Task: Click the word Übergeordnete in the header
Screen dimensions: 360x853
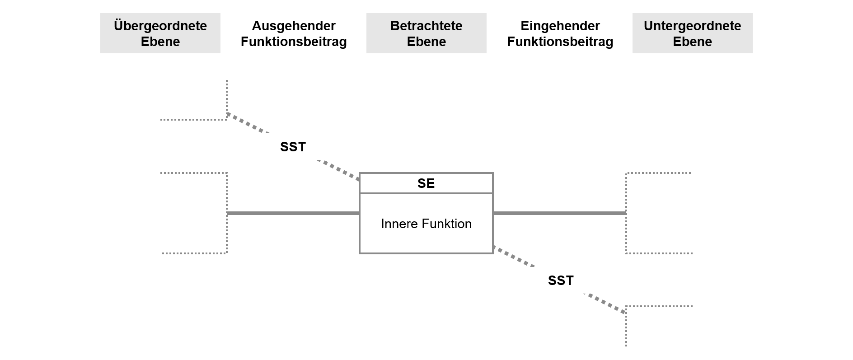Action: tap(160, 26)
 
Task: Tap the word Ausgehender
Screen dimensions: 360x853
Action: tap(293, 26)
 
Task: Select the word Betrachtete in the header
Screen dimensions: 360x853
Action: tap(426, 26)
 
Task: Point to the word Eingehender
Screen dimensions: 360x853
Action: tap(560, 26)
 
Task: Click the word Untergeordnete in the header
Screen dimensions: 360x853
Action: tap(692, 26)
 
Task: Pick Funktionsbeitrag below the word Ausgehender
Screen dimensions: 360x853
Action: tap(293, 42)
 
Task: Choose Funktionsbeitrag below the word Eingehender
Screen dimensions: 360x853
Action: tap(560, 42)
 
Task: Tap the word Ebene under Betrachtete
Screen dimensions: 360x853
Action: tap(426, 42)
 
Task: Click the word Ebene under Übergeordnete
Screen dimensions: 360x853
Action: tap(160, 42)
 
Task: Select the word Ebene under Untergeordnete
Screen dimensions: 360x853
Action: tap(692, 42)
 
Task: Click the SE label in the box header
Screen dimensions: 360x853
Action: tap(426, 183)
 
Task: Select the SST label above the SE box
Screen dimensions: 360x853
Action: tap(293, 147)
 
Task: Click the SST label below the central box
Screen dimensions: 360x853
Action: tap(560, 281)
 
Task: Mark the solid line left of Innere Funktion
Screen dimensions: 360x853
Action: tap(293, 213)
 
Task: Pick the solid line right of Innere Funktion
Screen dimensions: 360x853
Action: tap(559, 213)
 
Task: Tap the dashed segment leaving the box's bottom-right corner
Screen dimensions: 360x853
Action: tap(513, 256)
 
